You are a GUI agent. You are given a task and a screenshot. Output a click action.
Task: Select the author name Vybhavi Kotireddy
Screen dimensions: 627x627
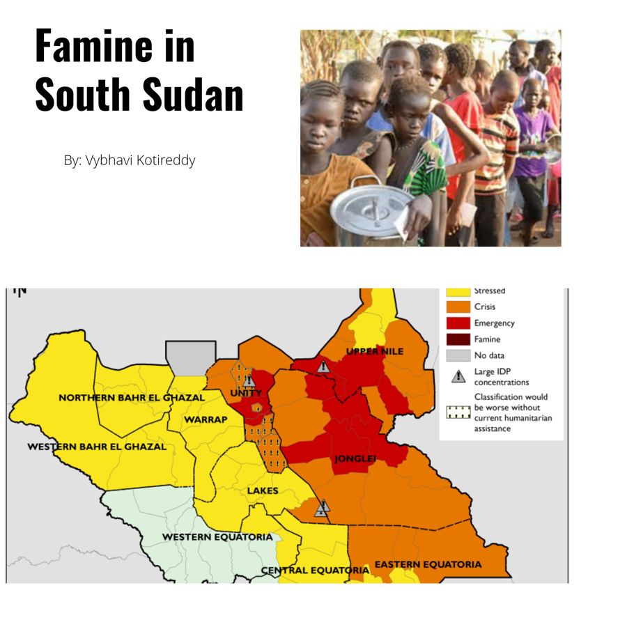(140, 160)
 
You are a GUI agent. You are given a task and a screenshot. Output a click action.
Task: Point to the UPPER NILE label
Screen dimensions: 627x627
(375, 351)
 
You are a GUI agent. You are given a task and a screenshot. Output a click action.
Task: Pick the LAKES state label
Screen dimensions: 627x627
(263, 490)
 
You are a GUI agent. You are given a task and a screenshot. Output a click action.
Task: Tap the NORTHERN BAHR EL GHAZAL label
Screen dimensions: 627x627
(132, 398)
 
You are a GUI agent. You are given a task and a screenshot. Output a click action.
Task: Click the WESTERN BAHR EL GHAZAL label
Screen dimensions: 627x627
(97, 447)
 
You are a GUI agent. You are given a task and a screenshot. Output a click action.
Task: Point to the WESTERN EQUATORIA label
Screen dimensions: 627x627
(217, 537)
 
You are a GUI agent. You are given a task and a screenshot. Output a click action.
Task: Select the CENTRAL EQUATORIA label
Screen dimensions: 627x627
(315, 570)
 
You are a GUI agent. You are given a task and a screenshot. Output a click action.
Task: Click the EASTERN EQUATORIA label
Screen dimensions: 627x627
(428, 564)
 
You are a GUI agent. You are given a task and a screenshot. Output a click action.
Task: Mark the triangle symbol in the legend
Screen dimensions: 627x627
(458, 377)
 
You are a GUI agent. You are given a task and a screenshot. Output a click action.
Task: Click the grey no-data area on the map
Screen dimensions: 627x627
(190, 357)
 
